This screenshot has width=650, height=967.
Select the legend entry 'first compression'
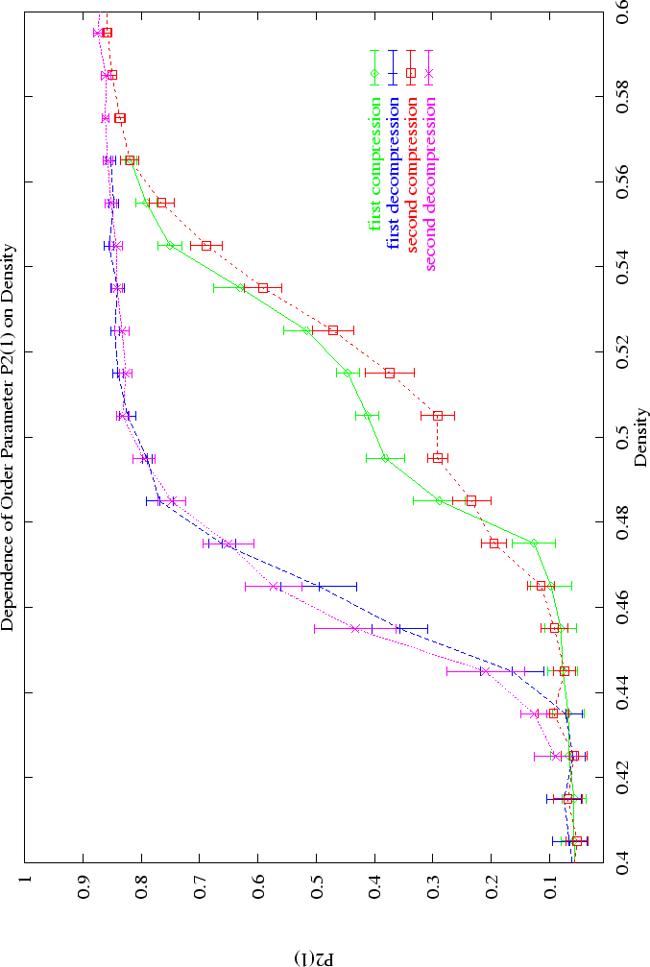(x=373, y=163)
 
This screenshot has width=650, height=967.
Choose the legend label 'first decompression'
(x=392, y=172)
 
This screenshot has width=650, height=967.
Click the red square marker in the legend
(x=411, y=72)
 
